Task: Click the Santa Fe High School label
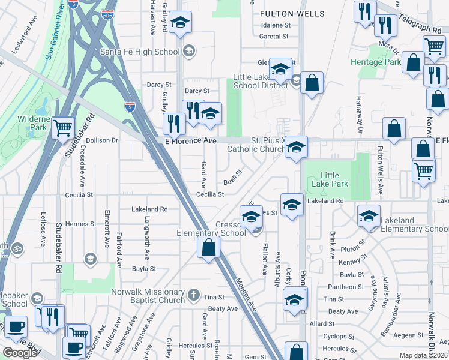(x=140, y=52)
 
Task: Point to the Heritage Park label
(x=376, y=62)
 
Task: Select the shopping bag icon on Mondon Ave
(x=208, y=248)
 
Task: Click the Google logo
(x=20, y=353)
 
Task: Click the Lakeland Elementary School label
(x=414, y=224)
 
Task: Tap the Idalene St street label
(x=276, y=25)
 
